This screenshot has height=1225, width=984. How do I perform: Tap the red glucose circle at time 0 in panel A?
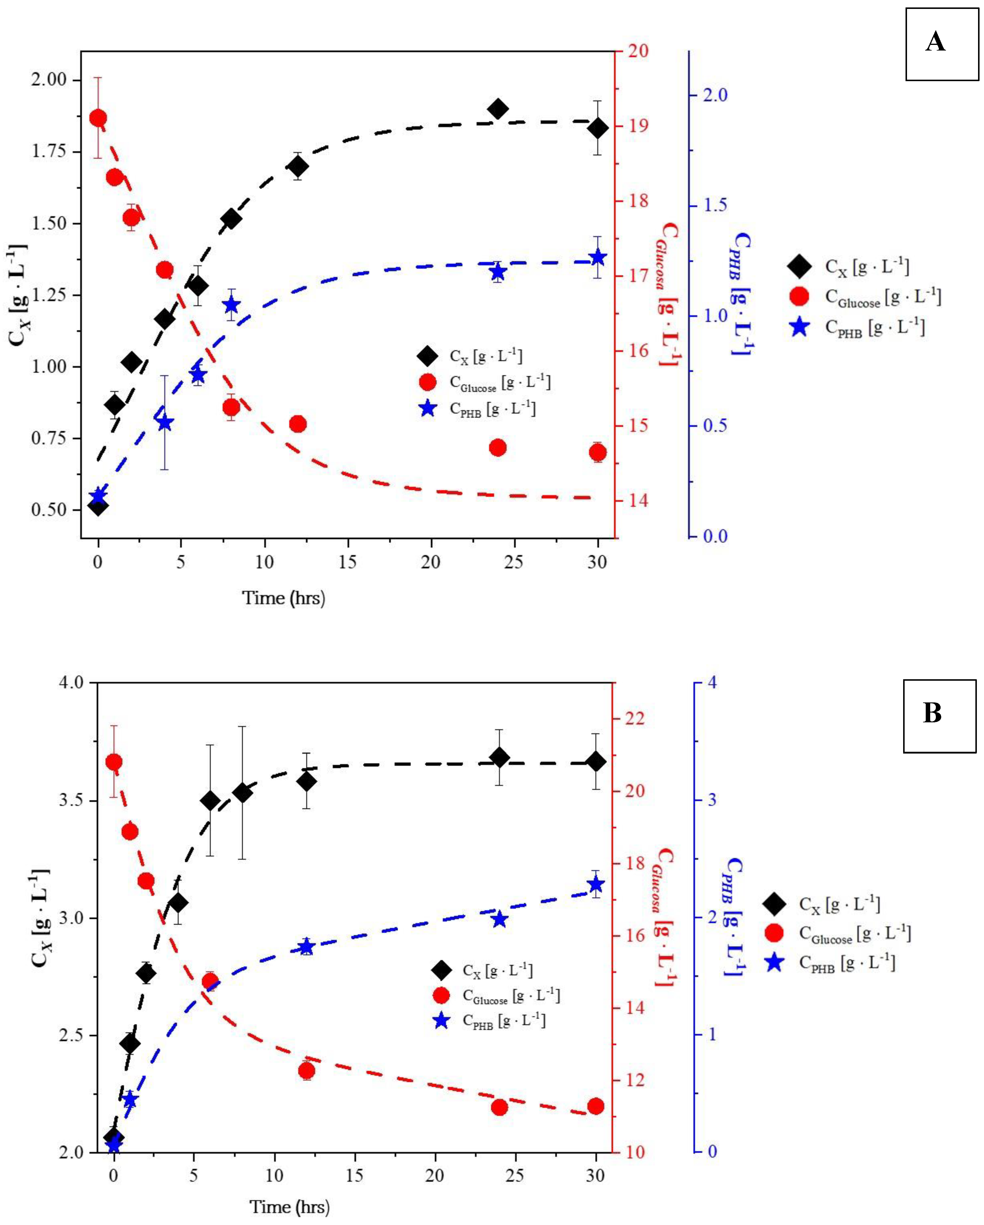point(98,118)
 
